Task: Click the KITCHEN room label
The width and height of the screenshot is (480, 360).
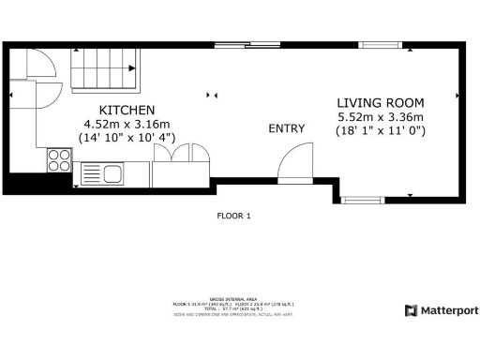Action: click(x=113, y=110)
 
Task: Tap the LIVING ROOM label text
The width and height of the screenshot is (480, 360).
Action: click(x=381, y=102)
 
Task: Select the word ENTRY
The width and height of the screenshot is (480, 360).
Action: click(x=287, y=128)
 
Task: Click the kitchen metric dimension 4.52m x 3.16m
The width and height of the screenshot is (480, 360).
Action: click(x=113, y=124)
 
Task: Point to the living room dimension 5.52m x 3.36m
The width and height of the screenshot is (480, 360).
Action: click(x=381, y=117)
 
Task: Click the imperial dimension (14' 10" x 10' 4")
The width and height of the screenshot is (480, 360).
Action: click(x=113, y=138)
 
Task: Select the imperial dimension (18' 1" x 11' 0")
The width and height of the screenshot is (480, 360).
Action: click(x=381, y=131)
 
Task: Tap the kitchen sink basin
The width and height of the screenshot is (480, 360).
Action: click(x=112, y=173)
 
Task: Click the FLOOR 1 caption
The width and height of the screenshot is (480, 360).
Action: click(x=233, y=216)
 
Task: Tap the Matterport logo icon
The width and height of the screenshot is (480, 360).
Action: click(x=410, y=310)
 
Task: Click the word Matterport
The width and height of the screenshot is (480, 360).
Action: click(x=448, y=310)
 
